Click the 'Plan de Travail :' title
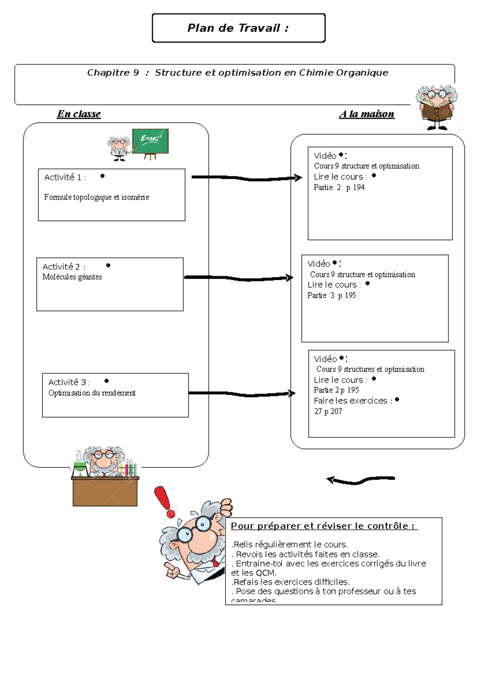[238, 28]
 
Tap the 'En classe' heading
[79, 114]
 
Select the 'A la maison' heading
[366, 114]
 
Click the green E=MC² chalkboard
[150, 141]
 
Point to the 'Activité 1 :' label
[65, 177]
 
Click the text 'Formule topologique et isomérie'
[97, 197]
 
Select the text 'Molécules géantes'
[72, 277]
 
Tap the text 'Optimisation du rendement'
[92, 393]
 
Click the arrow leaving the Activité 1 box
[246, 178]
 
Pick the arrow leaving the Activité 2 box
[238, 278]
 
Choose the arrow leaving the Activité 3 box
[242, 394]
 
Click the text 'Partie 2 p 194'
[339, 188]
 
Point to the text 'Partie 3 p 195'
[332, 295]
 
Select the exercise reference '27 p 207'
[328, 411]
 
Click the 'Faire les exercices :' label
[353, 401]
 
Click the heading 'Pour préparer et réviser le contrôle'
[324, 526]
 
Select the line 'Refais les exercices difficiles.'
[290, 582]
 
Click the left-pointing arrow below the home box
[360, 480]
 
